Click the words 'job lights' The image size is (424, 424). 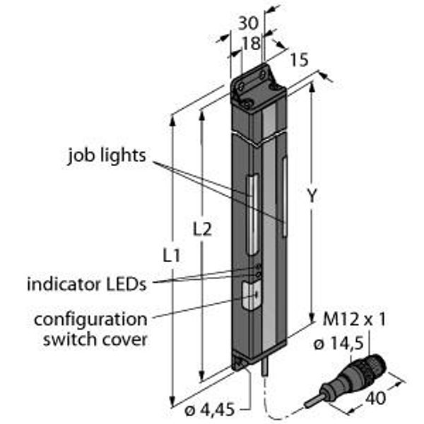coord(107,155)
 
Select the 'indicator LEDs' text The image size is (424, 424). coord(86,285)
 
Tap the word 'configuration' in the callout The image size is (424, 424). coord(91,319)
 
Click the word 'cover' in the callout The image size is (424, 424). coord(129,339)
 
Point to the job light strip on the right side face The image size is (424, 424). coord(285,194)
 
